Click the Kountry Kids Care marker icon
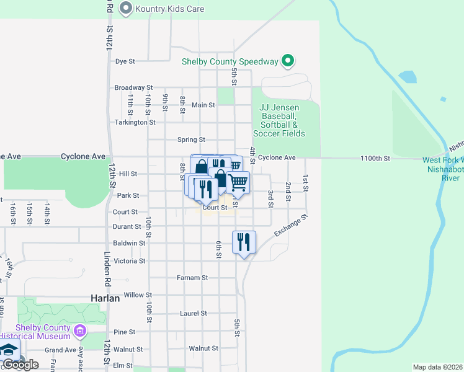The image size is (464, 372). (127, 8)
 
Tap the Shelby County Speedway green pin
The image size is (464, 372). (287, 61)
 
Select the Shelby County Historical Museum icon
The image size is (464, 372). (79, 331)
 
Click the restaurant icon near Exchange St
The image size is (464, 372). (244, 242)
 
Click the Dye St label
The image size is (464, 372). (125, 61)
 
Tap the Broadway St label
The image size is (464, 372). (133, 88)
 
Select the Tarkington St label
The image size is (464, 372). (135, 122)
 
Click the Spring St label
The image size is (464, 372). (191, 140)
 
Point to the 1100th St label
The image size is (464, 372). (377, 159)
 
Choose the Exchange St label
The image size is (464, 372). (292, 226)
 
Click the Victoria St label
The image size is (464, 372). (129, 260)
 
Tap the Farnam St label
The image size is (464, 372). (192, 278)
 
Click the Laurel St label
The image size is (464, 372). (193, 314)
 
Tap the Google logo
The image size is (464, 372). (20, 365)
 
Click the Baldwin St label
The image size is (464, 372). (129, 243)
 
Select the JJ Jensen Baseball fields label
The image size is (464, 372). (279, 120)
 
